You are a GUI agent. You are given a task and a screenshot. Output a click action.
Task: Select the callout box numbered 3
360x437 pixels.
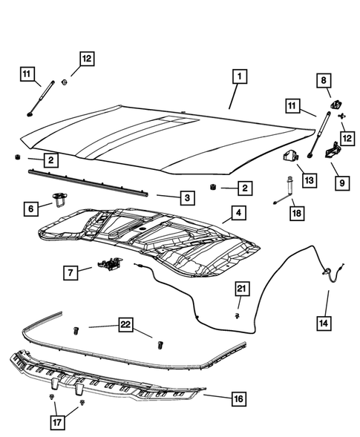click(188, 198)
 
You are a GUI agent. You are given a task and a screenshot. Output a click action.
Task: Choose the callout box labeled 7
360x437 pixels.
click(69, 274)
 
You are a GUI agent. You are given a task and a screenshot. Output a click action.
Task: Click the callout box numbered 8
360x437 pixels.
click(324, 81)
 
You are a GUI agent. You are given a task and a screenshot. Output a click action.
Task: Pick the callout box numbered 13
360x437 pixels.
click(308, 180)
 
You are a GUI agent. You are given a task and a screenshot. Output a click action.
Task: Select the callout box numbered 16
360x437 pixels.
click(238, 399)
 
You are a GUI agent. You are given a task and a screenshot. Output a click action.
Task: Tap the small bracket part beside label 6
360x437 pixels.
click(59, 198)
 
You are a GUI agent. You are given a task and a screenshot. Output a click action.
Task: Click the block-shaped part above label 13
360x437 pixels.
click(290, 157)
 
